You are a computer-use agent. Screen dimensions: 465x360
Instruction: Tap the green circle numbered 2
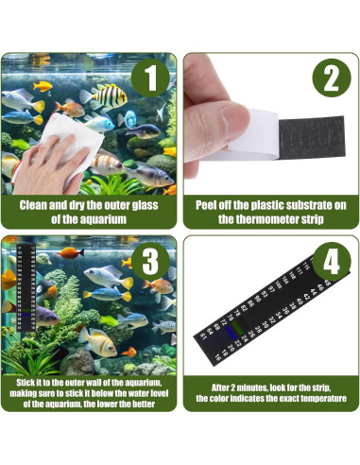[x=331, y=77]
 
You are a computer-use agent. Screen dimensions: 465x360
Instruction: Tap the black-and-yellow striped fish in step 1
[x=111, y=95]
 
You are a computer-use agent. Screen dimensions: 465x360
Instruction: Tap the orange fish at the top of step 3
[x=68, y=252]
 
